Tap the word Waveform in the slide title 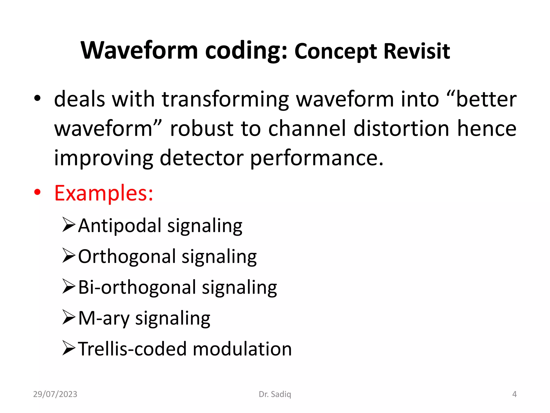139,51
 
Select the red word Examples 103,193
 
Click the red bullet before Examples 37,192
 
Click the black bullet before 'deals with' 37,98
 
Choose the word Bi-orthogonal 137,287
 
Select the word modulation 242,349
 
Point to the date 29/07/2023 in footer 55,394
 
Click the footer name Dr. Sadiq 275,394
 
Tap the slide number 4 514,394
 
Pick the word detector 201,158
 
